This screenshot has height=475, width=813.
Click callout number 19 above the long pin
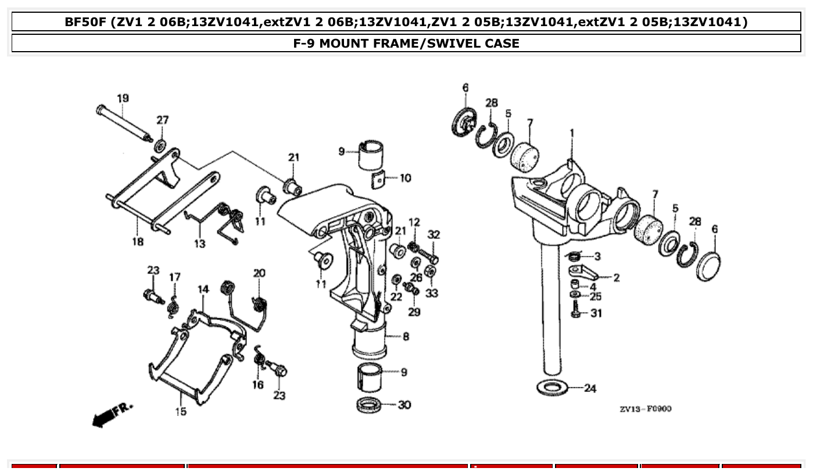click(123, 98)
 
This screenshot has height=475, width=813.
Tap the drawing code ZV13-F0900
click(645, 409)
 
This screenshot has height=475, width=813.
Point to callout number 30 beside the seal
click(404, 405)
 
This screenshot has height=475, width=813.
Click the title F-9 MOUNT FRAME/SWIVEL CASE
click(406, 43)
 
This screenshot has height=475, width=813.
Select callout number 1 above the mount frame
click(572, 133)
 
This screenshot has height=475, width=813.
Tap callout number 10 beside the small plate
click(405, 178)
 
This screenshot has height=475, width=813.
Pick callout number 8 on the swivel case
click(406, 336)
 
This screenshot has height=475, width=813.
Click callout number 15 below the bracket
click(181, 412)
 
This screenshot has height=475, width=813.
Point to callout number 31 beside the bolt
click(596, 314)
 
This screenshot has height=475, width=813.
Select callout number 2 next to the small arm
click(616, 278)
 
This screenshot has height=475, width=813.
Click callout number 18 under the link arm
click(138, 242)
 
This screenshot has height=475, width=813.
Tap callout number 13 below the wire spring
click(199, 244)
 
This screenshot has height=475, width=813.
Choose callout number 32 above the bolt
click(434, 235)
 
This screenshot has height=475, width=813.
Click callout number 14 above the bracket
click(203, 289)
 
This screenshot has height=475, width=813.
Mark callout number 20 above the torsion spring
click(259, 273)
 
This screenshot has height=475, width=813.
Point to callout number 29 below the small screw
click(414, 312)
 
